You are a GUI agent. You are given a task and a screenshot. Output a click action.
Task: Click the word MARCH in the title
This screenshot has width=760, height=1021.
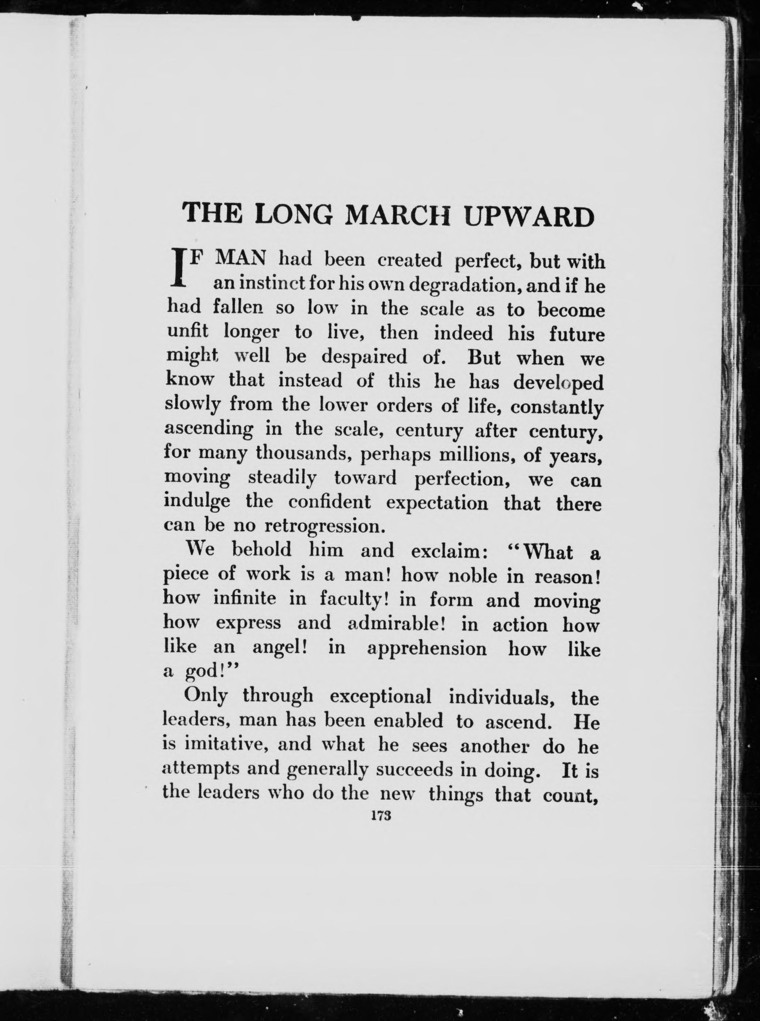pos(399,215)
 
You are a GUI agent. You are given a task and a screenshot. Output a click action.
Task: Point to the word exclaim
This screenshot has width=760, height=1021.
pos(445,550)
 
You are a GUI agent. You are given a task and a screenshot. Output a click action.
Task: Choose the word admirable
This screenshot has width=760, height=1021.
pos(395,623)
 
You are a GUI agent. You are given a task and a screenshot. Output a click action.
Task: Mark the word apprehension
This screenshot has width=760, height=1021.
pos(427,648)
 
